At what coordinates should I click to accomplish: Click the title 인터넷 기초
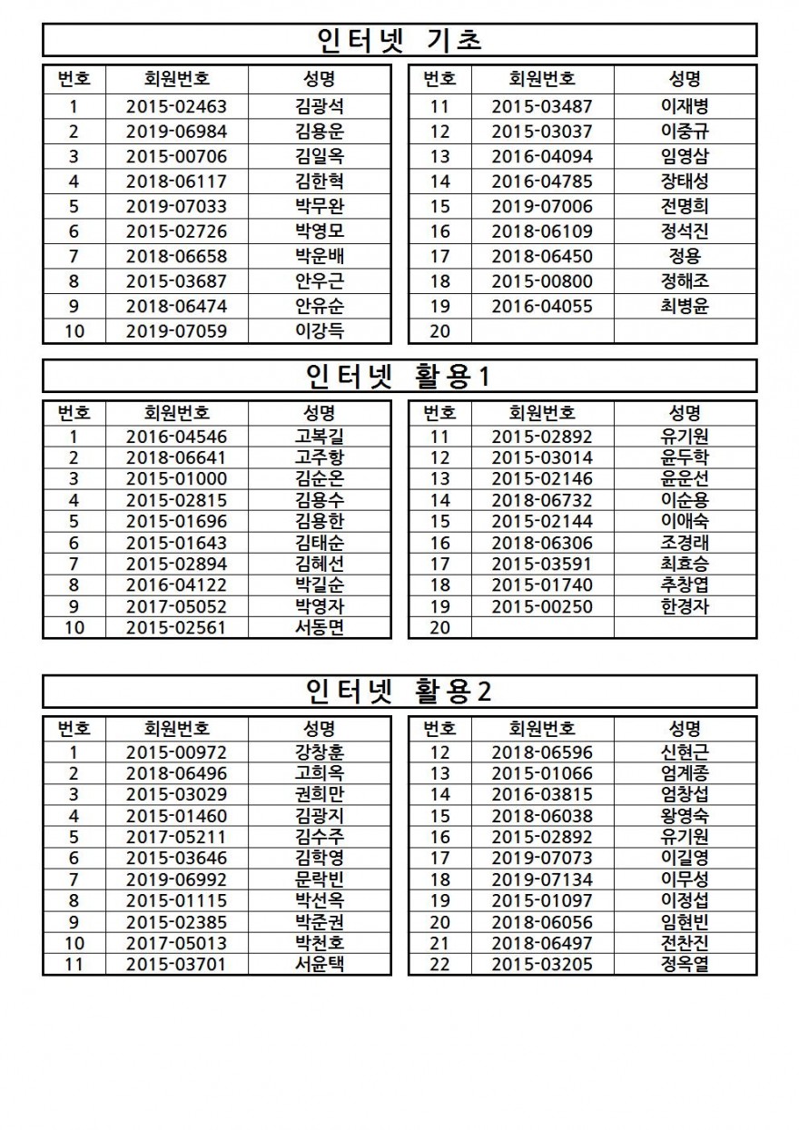(399, 40)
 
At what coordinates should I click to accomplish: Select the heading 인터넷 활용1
(399, 376)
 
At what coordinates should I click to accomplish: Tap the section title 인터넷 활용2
(399, 692)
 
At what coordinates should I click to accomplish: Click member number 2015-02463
(176, 106)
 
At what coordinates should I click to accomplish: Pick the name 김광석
(320, 106)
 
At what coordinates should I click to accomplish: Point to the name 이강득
(320, 330)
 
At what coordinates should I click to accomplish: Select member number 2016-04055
(542, 306)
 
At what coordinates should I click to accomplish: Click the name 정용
(686, 256)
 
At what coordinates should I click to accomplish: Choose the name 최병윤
(686, 306)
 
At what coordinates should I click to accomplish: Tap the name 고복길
(320, 436)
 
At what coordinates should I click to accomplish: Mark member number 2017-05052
(176, 606)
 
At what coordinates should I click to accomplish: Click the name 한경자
(686, 606)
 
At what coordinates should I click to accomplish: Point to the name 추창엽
(686, 585)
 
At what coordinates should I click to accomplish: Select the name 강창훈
(320, 752)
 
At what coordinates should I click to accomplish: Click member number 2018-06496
(176, 773)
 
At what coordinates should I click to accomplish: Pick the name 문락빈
(320, 879)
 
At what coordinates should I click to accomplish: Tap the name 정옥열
(686, 964)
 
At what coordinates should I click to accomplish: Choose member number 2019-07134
(542, 879)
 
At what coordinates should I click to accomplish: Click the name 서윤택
(320, 964)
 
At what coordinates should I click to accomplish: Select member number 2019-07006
(542, 206)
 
